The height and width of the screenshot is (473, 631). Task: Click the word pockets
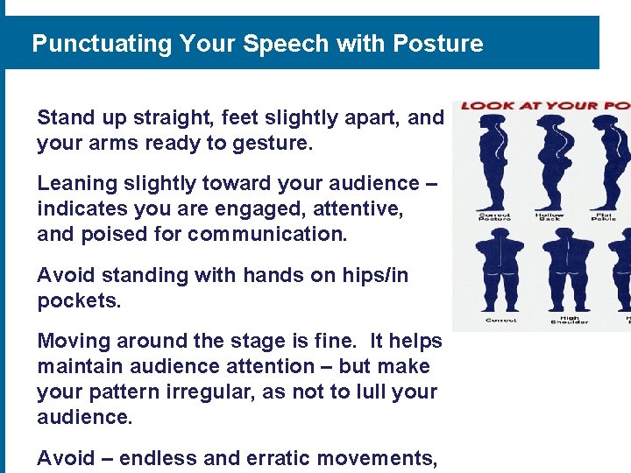(77, 300)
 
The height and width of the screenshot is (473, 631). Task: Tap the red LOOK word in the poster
(485, 106)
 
